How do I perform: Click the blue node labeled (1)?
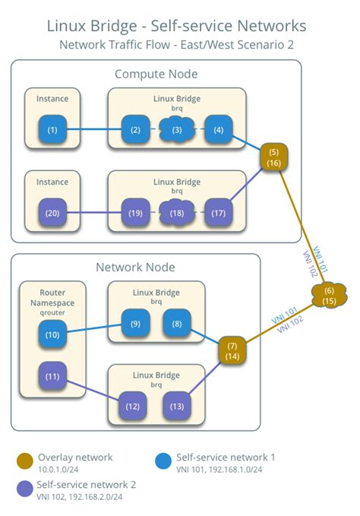[52, 130]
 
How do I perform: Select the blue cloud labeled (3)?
[177, 130]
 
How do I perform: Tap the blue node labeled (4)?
[218, 130]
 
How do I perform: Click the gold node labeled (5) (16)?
[274, 157]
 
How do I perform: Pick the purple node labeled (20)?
[52, 214]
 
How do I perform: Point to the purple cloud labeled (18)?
[177, 214]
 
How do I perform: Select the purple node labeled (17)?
[218, 214]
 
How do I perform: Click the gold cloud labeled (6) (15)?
[329, 296]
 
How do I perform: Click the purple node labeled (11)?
[52, 375]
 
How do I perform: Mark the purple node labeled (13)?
[177, 406]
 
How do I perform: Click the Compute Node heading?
[156, 74]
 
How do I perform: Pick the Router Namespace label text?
[52, 297]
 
